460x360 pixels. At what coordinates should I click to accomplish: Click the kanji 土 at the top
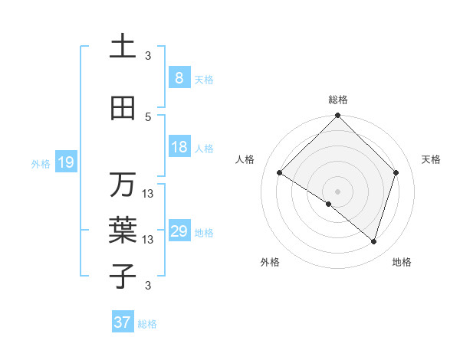[123, 47]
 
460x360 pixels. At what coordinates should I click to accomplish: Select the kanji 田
[123, 109]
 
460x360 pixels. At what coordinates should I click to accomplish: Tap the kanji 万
[123, 185]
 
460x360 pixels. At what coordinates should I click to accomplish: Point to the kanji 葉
[123, 231]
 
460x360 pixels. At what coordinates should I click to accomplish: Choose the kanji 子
[123, 275]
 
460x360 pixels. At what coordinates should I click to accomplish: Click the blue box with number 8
[179, 77]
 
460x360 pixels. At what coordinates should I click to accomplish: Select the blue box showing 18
[179, 147]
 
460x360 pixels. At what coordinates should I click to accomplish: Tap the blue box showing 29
[179, 231]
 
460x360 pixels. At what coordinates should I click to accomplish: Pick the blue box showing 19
[65, 162]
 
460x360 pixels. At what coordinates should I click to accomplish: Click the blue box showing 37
[123, 322]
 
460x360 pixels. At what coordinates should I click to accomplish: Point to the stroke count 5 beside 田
[148, 117]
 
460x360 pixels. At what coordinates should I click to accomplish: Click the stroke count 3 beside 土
[148, 56]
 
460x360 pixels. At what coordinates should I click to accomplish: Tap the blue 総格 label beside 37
[147, 324]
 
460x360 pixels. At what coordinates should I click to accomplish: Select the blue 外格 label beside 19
[41, 163]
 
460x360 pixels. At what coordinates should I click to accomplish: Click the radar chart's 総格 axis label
[337, 100]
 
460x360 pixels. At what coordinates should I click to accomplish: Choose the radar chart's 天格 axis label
[431, 159]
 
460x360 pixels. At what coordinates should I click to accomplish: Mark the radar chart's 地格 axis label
[402, 262]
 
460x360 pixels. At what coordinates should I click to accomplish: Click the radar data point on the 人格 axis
[280, 173]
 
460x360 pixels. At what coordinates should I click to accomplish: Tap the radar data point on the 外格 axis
[329, 204]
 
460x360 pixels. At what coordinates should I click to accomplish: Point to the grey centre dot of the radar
[337, 191]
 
